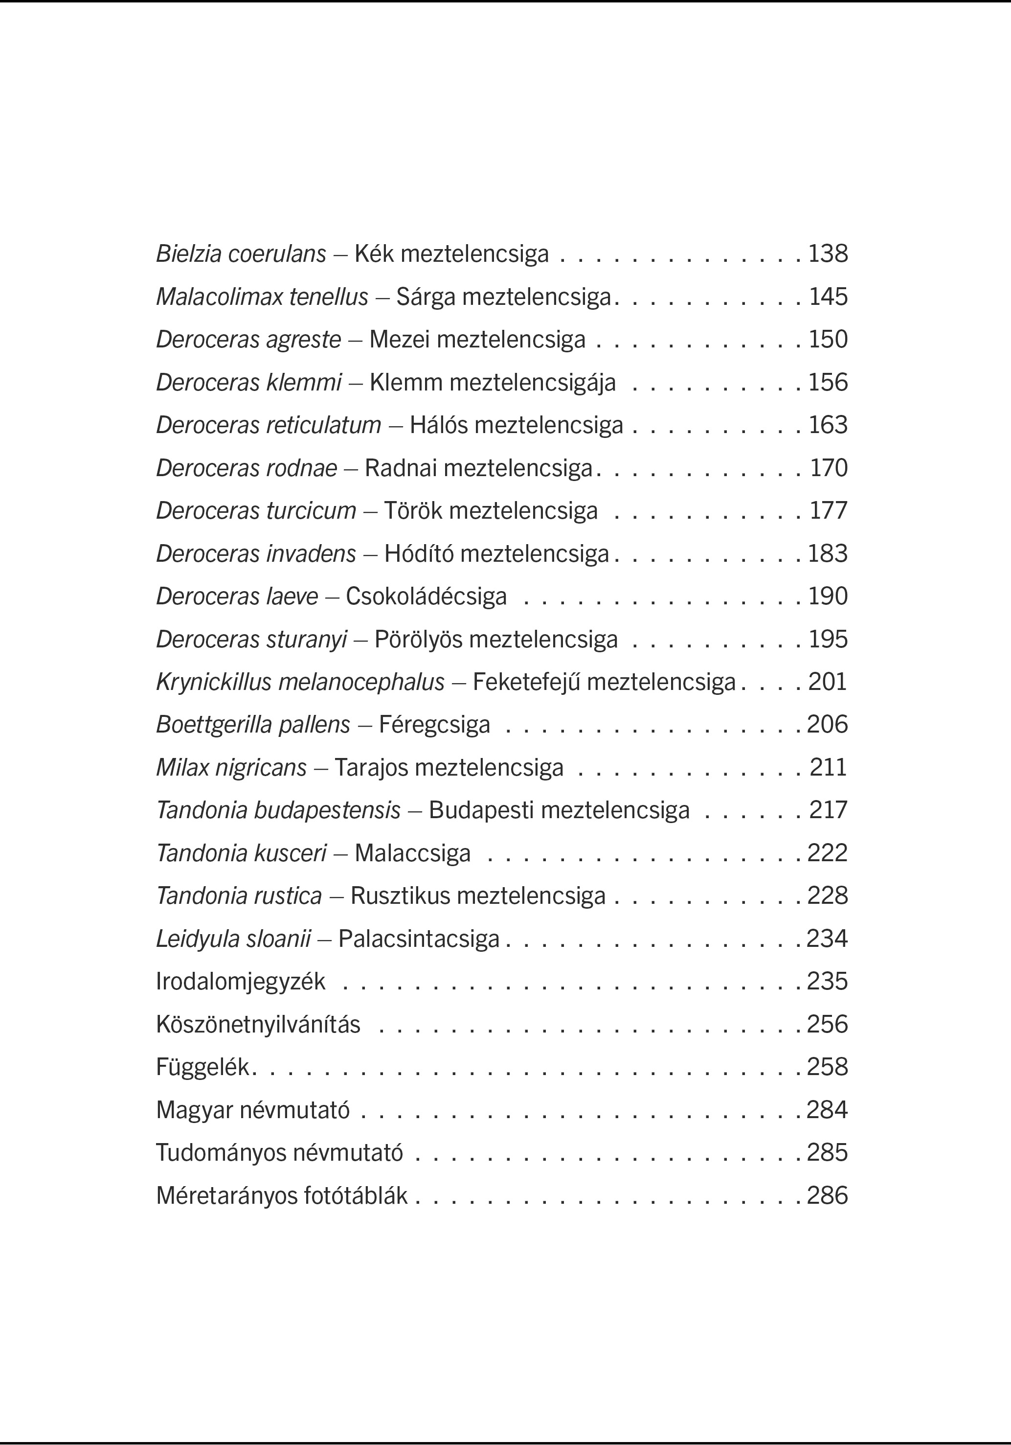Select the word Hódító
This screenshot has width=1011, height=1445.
(x=419, y=554)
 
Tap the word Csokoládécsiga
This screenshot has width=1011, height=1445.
(x=426, y=596)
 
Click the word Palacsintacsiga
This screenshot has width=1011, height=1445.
(x=418, y=939)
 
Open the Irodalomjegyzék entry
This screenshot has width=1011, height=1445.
(x=240, y=982)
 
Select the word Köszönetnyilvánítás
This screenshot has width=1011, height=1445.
(x=258, y=1025)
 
